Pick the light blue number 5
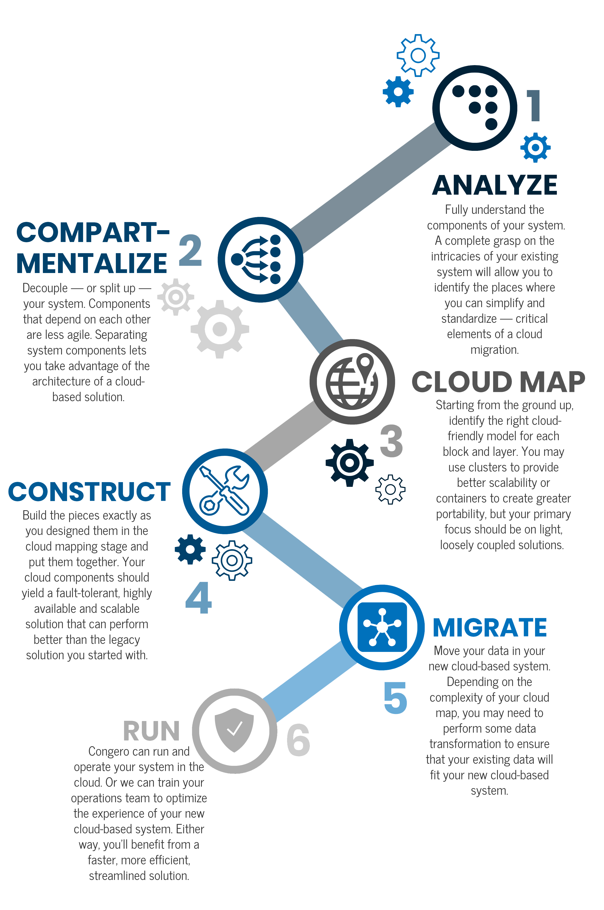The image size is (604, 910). coord(395,698)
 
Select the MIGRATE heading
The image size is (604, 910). coord(490,627)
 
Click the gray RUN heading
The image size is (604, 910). coord(151,731)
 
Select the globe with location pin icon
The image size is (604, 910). coord(352,382)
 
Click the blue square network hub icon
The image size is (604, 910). coord(382,627)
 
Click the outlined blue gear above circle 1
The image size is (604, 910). coord(418,55)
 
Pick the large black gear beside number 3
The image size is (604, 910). coord(349,462)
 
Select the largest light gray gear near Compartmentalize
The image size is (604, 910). coord(220,329)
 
